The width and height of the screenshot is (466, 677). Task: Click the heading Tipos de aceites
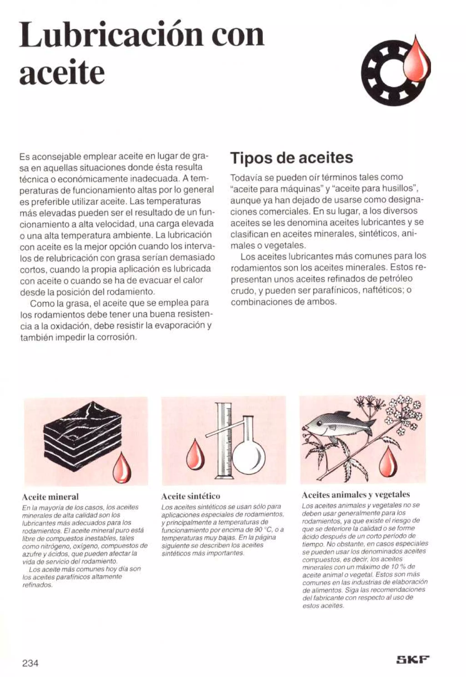pos(292,158)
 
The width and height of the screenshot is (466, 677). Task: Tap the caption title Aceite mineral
pos(51,496)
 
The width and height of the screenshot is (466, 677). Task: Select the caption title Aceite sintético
pos(191,496)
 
